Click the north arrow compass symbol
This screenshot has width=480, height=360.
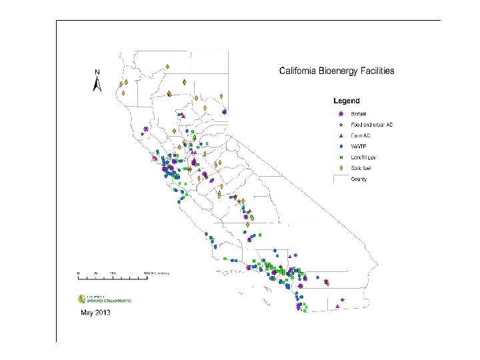[97, 84]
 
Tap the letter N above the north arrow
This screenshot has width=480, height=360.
[97, 72]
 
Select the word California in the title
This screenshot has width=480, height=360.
[299, 70]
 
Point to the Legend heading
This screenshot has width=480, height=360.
[347, 101]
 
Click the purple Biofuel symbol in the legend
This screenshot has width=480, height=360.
[341, 114]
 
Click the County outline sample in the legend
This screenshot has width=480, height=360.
[341, 178]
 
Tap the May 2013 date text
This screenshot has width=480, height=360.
[95, 312]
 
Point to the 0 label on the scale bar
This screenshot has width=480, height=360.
[78, 274]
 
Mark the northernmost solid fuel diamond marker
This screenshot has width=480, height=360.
[167, 66]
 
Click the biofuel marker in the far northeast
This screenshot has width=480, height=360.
[225, 112]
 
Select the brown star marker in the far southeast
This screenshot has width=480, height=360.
[341, 300]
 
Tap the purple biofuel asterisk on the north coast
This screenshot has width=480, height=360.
[145, 129]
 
